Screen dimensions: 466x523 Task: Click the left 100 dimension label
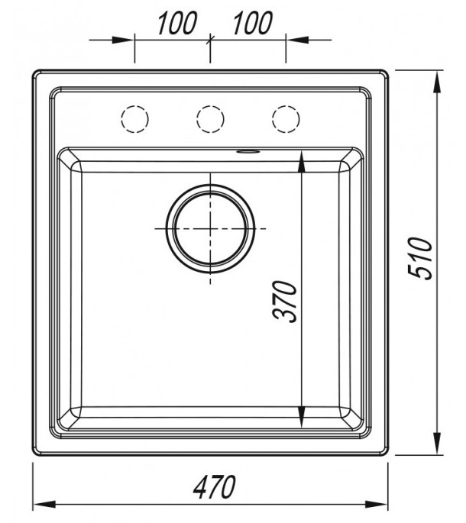coord(177,23)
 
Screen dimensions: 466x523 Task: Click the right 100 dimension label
coord(253,23)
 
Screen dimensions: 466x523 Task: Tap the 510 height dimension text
coord(420,258)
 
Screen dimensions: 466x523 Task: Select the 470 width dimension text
coord(215,487)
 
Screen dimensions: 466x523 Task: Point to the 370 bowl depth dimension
coord(284,302)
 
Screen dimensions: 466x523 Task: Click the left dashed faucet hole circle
coord(135,119)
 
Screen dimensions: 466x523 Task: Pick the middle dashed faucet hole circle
coord(210,119)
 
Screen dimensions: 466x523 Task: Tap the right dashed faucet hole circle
coord(286,119)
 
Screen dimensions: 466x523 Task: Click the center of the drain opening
coord(210,229)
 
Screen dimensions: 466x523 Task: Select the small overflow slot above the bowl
coord(248,152)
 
